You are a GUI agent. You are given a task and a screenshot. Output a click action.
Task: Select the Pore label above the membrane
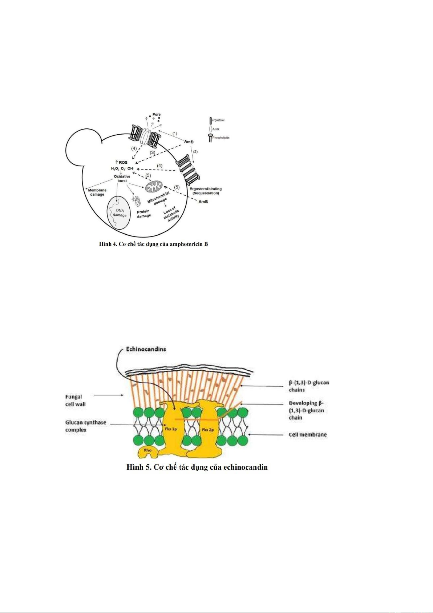[x=157, y=115]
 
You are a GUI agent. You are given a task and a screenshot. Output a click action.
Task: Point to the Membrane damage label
[x=97, y=192]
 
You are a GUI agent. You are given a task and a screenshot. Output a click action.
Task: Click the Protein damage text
[x=144, y=214]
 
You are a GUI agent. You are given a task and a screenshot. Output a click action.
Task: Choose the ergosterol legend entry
[x=218, y=120]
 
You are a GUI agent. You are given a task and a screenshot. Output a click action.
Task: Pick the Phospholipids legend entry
[x=220, y=138]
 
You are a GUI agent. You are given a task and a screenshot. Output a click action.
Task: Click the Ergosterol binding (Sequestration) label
[x=206, y=191]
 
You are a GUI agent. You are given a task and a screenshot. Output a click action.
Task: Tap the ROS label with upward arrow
[x=122, y=162]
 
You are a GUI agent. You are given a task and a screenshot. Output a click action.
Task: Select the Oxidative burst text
[x=122, y=179]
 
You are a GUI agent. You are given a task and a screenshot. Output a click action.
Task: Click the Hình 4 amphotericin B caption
[x=153, y=244]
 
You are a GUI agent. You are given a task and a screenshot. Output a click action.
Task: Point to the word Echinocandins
[x=146, y=349]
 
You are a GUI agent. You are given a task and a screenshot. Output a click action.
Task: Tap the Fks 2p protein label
[x=207, y=430]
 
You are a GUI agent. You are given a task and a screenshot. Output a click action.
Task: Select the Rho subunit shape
[x=147, y=451]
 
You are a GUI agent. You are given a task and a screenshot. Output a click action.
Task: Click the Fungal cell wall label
[x=76, y=401]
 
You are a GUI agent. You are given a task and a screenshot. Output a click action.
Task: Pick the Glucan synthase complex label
[x=86, y=426]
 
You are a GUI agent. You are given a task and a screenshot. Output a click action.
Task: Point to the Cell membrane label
[x=308, y=435]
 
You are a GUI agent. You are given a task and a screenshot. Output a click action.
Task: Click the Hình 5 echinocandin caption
[x=197, y=467]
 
